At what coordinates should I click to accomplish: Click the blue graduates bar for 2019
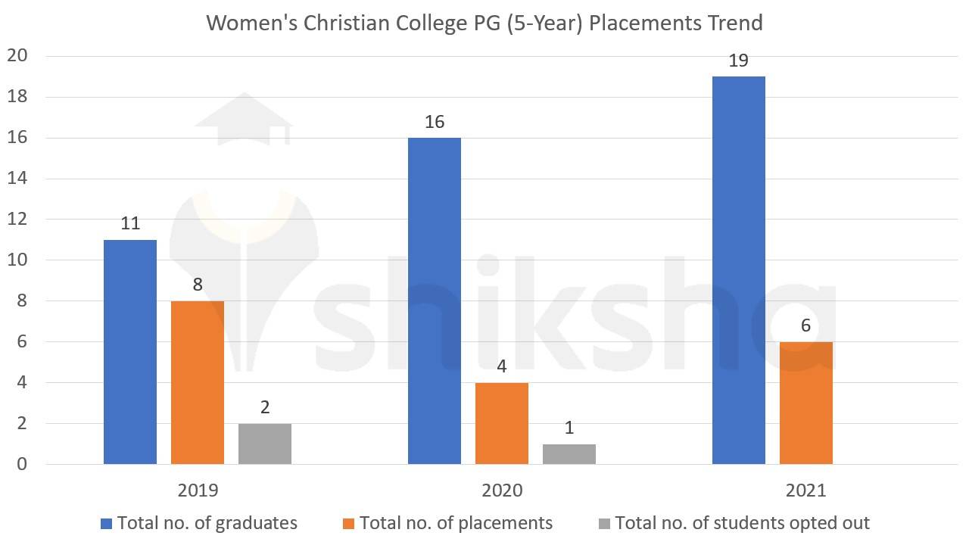130,352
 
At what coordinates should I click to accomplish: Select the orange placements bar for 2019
198,382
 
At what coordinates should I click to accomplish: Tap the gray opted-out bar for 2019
265,444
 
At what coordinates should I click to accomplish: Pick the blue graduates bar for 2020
435,301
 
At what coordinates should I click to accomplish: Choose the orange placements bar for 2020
502,423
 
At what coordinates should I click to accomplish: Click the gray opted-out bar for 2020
569,454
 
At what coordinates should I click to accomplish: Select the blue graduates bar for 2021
739,270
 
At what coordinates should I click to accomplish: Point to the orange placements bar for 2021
806,403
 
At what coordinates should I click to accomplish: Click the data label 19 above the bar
738,61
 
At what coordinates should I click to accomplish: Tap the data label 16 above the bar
435,122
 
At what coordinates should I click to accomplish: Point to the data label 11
130,223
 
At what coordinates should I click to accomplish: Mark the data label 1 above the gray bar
569,428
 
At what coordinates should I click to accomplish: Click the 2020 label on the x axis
502,490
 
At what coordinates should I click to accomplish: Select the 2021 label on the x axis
806,490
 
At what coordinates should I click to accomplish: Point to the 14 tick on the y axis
17,179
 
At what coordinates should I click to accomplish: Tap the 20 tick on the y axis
17,56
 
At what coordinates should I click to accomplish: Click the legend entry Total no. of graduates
207,523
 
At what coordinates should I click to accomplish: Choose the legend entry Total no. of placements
456,523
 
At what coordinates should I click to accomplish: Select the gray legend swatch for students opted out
604,523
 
